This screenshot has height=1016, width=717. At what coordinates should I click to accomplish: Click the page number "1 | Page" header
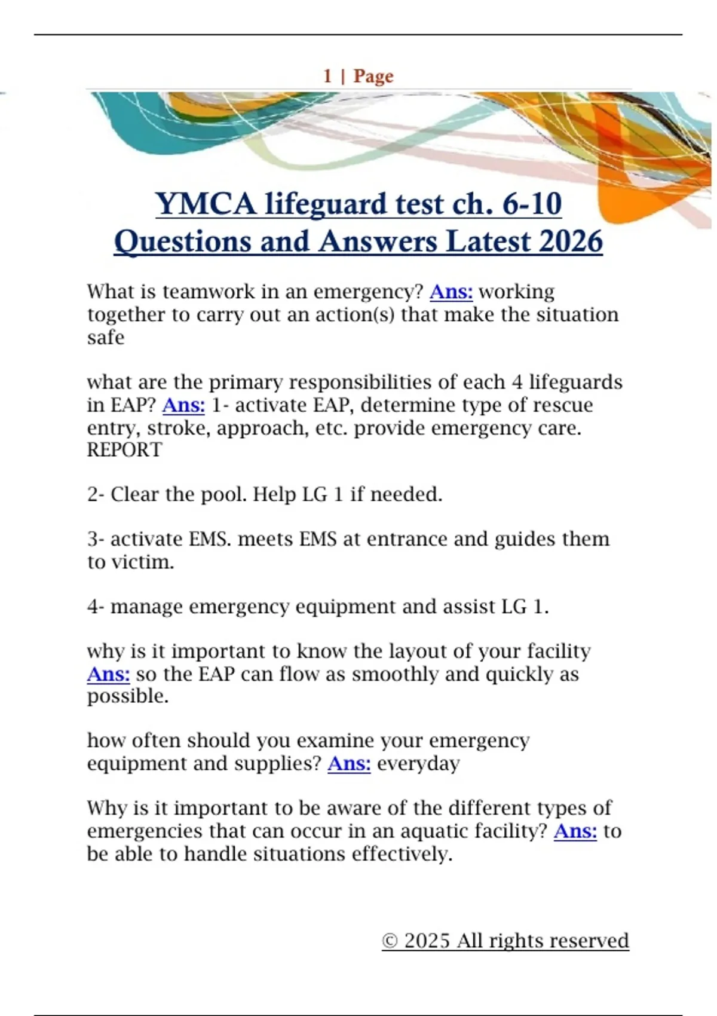click(358, 76)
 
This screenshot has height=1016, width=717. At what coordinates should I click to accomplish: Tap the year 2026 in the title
click(571, 242)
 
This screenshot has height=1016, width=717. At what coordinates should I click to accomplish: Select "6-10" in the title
click(532, 204)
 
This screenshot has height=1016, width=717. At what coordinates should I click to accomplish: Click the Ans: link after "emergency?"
click(451, 292)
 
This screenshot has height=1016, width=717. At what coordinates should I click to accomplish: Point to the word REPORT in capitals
click(124, 450)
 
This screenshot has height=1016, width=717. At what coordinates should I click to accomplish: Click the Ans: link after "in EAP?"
click(183, 405)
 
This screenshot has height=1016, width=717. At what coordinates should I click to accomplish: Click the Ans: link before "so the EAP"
click(108, 674)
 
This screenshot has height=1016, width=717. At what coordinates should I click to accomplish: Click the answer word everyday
click(418, 764)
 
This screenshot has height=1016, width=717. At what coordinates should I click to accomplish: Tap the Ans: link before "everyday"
click(349, 764)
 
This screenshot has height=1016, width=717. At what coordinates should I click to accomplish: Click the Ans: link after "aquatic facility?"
click(575, 831)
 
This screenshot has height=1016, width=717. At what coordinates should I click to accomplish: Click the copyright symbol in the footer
click(390, 941)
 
